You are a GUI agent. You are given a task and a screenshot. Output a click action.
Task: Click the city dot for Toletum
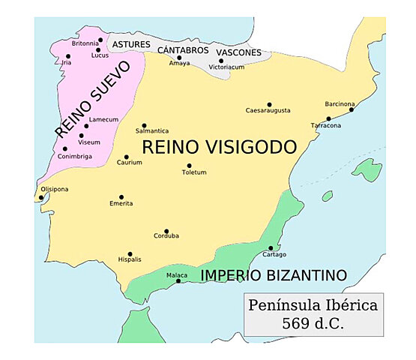click(189, 166)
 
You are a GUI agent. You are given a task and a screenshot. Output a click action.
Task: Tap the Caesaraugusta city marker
click(269, 105)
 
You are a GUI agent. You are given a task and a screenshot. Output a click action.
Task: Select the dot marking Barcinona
click(352, 109)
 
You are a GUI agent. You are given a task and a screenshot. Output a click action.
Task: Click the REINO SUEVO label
click(92, 99)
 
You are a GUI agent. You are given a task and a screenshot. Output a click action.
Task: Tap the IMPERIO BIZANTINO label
click(274, 275)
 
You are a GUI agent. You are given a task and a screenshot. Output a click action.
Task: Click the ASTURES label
click(131, 45)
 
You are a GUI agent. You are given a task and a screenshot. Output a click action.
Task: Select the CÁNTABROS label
click(182, 49)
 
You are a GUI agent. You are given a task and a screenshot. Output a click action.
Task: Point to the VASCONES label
click(238, 52)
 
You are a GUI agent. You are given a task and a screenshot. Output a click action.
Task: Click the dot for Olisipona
click(41, 198)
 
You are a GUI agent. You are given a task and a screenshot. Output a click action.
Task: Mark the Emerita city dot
click(121, 197)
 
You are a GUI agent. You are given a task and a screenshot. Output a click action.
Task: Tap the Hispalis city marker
click(130, 254)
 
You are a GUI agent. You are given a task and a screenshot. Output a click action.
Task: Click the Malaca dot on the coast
click(178, 281)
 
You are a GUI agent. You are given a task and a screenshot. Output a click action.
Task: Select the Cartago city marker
click(271, 248)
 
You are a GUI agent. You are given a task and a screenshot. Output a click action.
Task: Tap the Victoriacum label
click(226, 67)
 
